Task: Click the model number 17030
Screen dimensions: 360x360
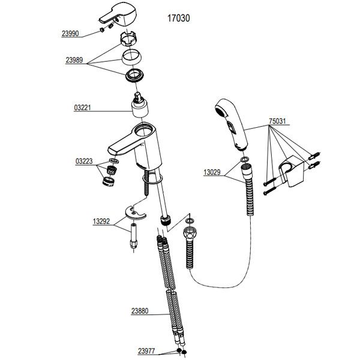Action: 178,18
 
